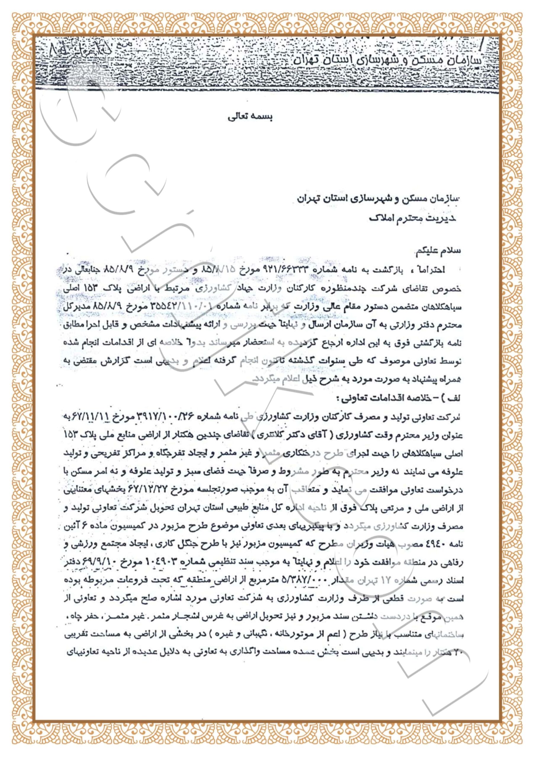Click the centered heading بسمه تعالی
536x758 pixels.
point(250,118)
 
